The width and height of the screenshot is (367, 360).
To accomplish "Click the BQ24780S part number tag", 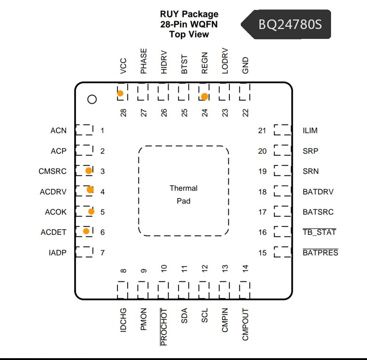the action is (286, 24).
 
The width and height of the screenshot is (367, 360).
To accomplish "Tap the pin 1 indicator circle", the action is (92, 99).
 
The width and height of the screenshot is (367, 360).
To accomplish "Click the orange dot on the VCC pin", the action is (120, 93).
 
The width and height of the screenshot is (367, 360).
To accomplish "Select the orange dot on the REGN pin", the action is (204, 97).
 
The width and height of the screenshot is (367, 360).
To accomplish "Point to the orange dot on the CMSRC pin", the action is (89, 171).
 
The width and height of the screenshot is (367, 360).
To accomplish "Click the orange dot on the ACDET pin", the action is (86, 231).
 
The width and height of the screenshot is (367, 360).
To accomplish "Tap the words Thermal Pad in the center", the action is (183, 194).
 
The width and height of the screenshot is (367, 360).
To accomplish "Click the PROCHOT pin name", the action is (164, 327).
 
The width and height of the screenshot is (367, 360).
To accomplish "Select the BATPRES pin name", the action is (320, 252).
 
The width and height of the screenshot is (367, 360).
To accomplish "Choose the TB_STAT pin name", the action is (320, 232).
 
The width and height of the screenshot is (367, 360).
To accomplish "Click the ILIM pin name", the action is (310, 130).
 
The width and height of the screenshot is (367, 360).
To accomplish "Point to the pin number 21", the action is (262, 130).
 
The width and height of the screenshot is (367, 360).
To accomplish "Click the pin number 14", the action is (245, 269).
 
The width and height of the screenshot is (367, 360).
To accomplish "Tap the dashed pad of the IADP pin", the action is (84, 252).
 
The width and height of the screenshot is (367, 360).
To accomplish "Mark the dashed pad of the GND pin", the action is (244, 91).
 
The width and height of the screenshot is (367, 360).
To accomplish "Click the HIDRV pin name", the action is (164, 62).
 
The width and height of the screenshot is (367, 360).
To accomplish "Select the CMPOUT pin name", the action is (245, 324).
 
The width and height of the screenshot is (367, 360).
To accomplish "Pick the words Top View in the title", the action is (189, 34).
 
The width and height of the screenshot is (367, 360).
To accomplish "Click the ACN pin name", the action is (58, 130).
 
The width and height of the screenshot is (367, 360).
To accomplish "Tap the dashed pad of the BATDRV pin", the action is (283, 191).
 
